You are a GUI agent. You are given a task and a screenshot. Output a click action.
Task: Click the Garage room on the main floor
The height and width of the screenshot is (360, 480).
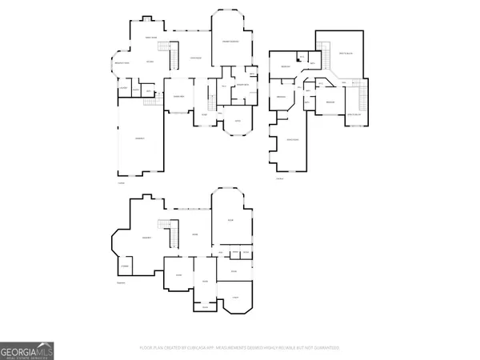139,138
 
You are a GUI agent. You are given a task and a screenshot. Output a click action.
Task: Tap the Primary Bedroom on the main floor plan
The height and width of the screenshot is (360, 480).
231,40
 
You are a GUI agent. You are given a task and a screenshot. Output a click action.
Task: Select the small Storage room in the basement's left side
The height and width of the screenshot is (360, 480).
126,266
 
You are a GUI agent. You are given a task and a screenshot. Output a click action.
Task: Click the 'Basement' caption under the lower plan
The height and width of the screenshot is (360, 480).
122,282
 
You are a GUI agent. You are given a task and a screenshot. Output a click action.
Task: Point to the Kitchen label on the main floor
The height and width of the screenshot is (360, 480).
149,62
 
